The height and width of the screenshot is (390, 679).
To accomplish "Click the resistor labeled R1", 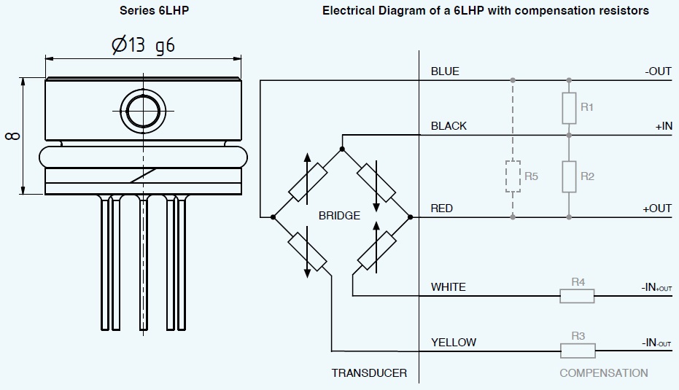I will coord(569,108).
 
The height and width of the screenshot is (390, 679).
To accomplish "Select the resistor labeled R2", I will coord(569,176).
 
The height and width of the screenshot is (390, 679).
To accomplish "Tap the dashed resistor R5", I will coord(513,176).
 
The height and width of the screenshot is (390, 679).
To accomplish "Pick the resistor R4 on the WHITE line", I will coord(577,295).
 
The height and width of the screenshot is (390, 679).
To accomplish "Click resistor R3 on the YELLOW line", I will coord(578,351).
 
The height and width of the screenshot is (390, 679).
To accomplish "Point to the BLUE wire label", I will coord(445,71).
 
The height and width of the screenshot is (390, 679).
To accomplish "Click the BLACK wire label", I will coord(449,126).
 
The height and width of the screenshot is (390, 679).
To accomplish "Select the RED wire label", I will coord(442,208).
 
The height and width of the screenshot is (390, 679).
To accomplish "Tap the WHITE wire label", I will coord(448,287).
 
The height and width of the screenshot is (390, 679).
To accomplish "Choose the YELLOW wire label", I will coord(453,342).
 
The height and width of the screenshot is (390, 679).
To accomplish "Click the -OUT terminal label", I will coord(658,71).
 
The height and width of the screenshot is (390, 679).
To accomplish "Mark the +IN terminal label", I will coord(663,126).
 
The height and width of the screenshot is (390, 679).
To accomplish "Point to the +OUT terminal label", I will coord(656,208).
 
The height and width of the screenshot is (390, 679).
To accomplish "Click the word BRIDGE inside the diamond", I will coord(339,216).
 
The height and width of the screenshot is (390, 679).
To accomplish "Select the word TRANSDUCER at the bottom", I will coord(369,373).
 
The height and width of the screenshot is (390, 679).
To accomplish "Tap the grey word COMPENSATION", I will coord(603,373).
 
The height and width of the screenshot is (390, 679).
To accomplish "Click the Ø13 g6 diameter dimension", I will coord(143,46).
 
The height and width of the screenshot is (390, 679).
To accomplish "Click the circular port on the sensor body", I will coord(142,111).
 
